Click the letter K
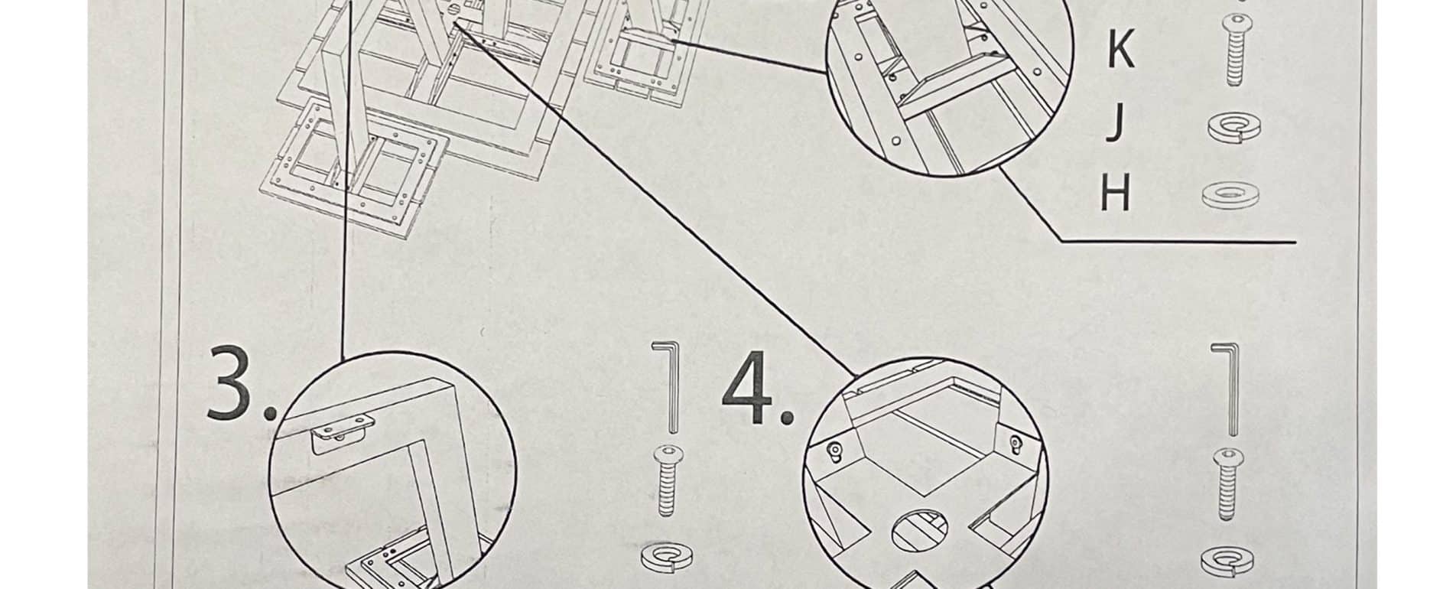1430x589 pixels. coord(1120,50)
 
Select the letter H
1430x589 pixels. coord(1116,193)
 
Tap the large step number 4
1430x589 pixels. coord(749,389)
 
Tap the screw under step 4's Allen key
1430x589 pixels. coord(1227,484)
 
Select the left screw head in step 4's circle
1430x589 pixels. coord(835,450)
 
